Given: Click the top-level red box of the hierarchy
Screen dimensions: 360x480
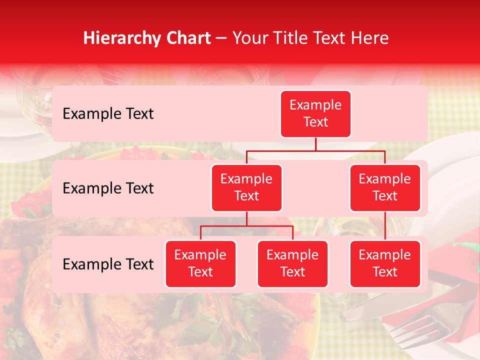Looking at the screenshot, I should click(x=315, y=113).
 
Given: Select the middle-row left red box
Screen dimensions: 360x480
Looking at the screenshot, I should click(x=246, y=187).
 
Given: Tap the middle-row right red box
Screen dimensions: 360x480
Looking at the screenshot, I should click(x=385, y=187).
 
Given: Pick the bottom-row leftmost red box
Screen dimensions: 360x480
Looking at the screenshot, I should click(x=200, y=263).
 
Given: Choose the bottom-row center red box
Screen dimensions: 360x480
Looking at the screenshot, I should click(x=292, y=263).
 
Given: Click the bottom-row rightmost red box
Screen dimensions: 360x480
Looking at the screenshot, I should click(x=385, y=263).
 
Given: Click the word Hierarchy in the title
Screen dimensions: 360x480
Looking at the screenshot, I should click(x=120, y=38).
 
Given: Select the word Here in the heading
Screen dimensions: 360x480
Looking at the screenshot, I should click(x=370, y=38).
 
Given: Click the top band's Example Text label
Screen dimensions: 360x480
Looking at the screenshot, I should click(x=108, y=113).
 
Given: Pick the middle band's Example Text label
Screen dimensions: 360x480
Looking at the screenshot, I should click(x=108, y=188).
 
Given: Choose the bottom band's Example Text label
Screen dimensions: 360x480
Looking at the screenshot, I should click(x=108, y=264).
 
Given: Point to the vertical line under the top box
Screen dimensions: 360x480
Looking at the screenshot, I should click(x=315, y=144).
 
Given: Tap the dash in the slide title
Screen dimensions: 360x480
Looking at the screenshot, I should click(x=222, y=38).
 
